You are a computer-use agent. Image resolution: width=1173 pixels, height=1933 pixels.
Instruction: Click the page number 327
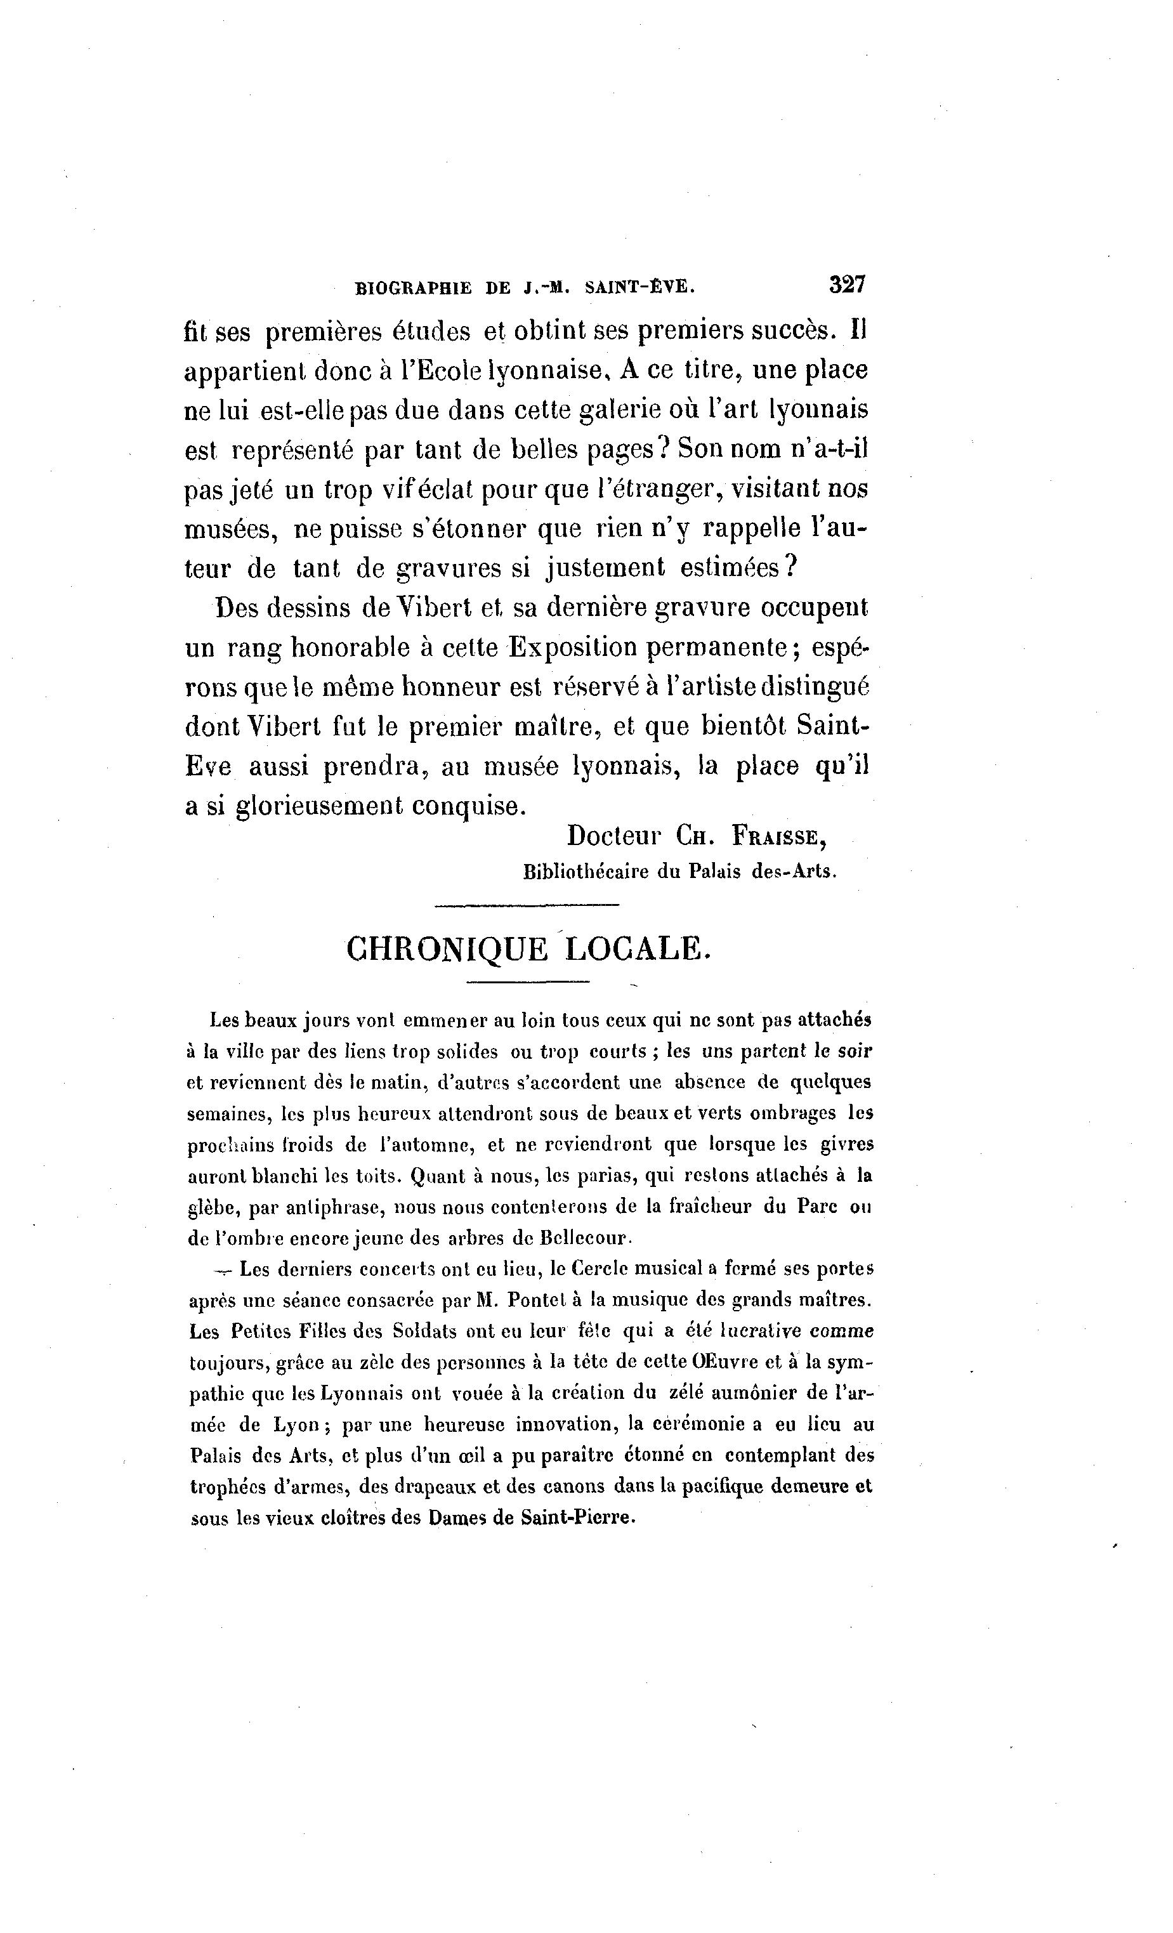[846, 284]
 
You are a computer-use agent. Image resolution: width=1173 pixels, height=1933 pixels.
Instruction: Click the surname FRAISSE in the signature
[778, 836]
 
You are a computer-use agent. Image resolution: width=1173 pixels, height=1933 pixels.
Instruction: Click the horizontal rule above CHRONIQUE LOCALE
[527, 906]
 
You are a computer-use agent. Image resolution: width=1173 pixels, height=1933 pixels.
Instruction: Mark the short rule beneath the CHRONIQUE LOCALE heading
[527, 981]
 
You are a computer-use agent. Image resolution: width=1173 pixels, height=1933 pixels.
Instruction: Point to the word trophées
[228, 1486]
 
